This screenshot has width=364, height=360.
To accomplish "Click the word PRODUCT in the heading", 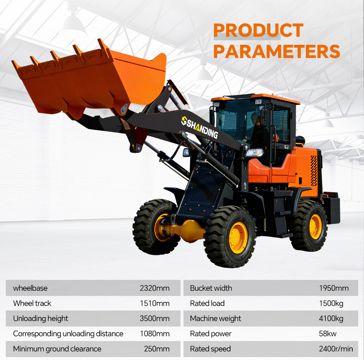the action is pos(258,30).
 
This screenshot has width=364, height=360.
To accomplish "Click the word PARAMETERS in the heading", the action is pos(277,51).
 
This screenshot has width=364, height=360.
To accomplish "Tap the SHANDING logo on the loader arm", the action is pos(199,127).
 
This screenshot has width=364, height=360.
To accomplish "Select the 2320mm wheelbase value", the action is pos(155,288).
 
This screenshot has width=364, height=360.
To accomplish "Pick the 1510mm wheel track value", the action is pos(155,303).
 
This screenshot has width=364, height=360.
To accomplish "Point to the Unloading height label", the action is pos(41,319).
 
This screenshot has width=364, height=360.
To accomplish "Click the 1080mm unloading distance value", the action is pos(155,334).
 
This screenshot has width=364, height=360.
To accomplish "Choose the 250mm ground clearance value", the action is pos(157,349).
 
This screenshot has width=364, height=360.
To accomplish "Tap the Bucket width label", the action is pos(211,288).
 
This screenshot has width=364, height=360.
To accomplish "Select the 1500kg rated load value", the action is pos(331,304).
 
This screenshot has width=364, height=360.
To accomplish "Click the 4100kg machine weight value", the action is pos(331,319).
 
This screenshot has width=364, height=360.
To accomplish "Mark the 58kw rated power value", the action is pos(328,334).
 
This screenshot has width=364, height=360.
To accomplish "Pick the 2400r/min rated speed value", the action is pos(336,349).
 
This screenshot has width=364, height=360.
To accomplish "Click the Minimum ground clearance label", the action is pos(57,349).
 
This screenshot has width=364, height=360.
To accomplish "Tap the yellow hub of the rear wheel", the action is pos(316,226).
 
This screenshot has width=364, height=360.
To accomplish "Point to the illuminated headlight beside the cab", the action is pos(255,153).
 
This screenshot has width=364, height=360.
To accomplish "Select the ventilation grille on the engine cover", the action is pos(314,171).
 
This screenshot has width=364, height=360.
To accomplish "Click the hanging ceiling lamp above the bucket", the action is pos(72,27).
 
